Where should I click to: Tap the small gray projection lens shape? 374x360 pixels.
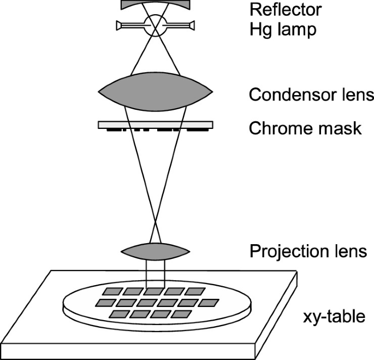tap(155, 251)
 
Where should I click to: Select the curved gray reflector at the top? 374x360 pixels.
tap(156, 5)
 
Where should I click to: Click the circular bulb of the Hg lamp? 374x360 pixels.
tap(156, 25)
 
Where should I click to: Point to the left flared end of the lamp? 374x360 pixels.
tap(121, 25)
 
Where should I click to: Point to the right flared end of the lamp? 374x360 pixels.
tap(190, 25)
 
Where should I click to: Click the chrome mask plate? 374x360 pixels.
tap(155, 125)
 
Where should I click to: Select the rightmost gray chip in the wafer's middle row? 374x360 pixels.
tap(209, 302)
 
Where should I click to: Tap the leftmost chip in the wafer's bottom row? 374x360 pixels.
tap(118, 314)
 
